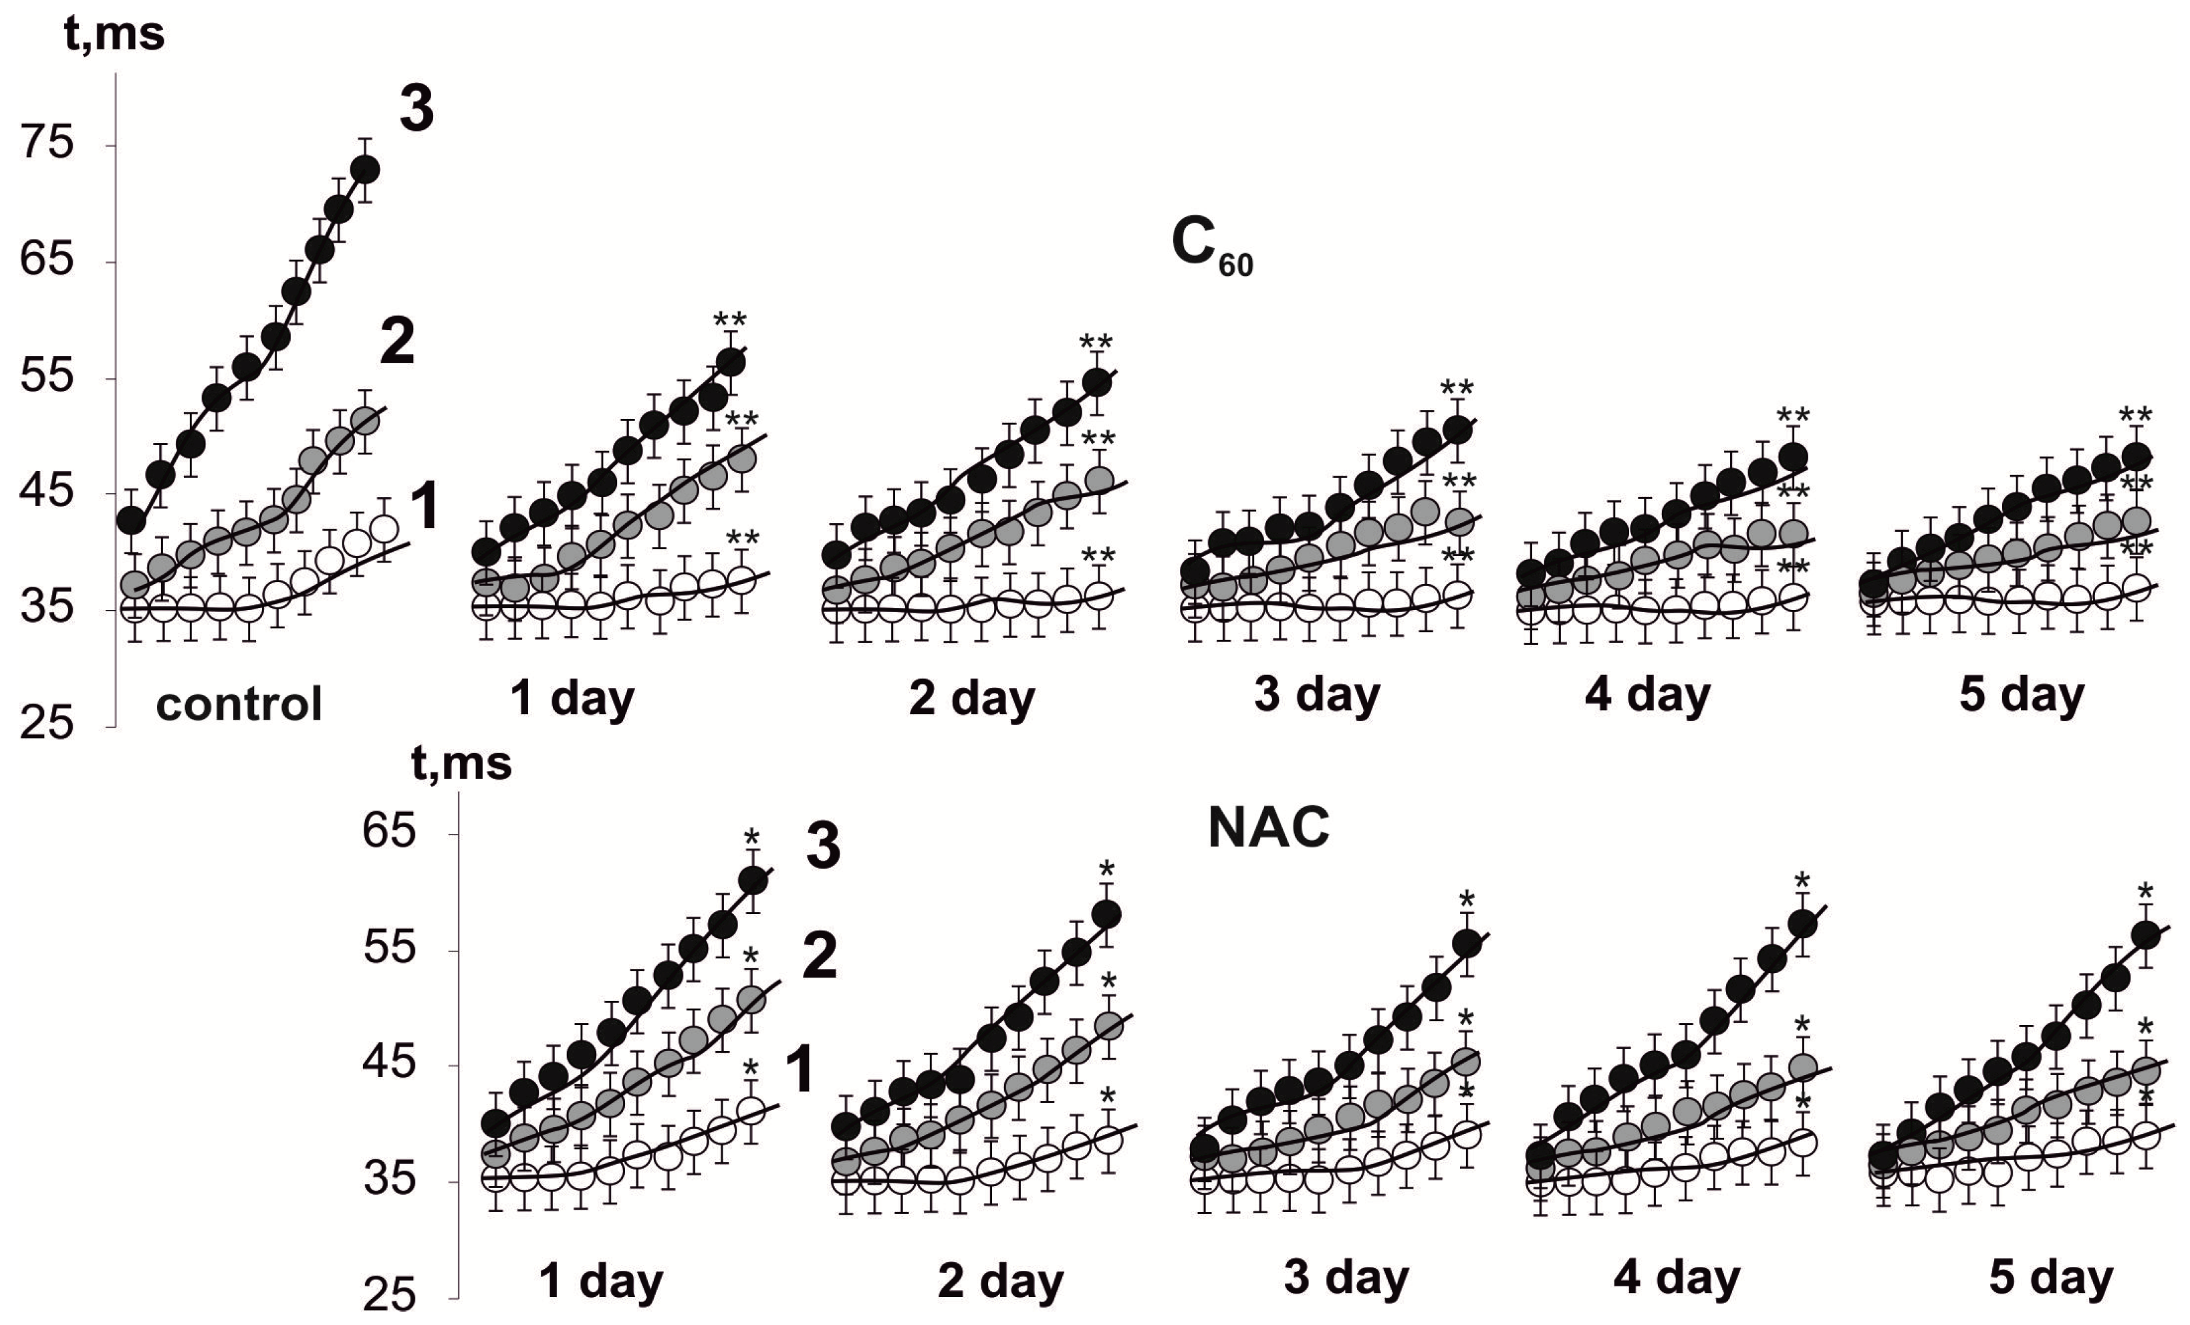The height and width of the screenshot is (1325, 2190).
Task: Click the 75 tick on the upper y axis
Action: point(46,143)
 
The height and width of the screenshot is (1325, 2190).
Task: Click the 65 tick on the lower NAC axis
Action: point(389,832)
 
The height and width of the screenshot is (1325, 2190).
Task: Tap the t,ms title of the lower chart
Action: point(461,763)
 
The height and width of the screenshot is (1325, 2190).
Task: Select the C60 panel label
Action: point(1211,245)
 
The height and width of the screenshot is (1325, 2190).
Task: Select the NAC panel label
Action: point(1268,827)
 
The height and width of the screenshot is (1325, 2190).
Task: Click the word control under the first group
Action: point(239,705)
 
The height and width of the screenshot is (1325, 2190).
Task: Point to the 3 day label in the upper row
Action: point(1317,695)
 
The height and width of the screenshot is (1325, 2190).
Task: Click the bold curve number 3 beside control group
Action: point(416,110)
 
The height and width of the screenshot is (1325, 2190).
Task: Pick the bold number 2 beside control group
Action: point(396,343)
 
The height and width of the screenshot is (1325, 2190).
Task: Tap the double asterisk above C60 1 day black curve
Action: point(730,320)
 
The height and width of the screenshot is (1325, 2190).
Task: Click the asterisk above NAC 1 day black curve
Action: point(752,837)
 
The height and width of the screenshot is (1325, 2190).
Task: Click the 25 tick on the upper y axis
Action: point(46,724)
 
